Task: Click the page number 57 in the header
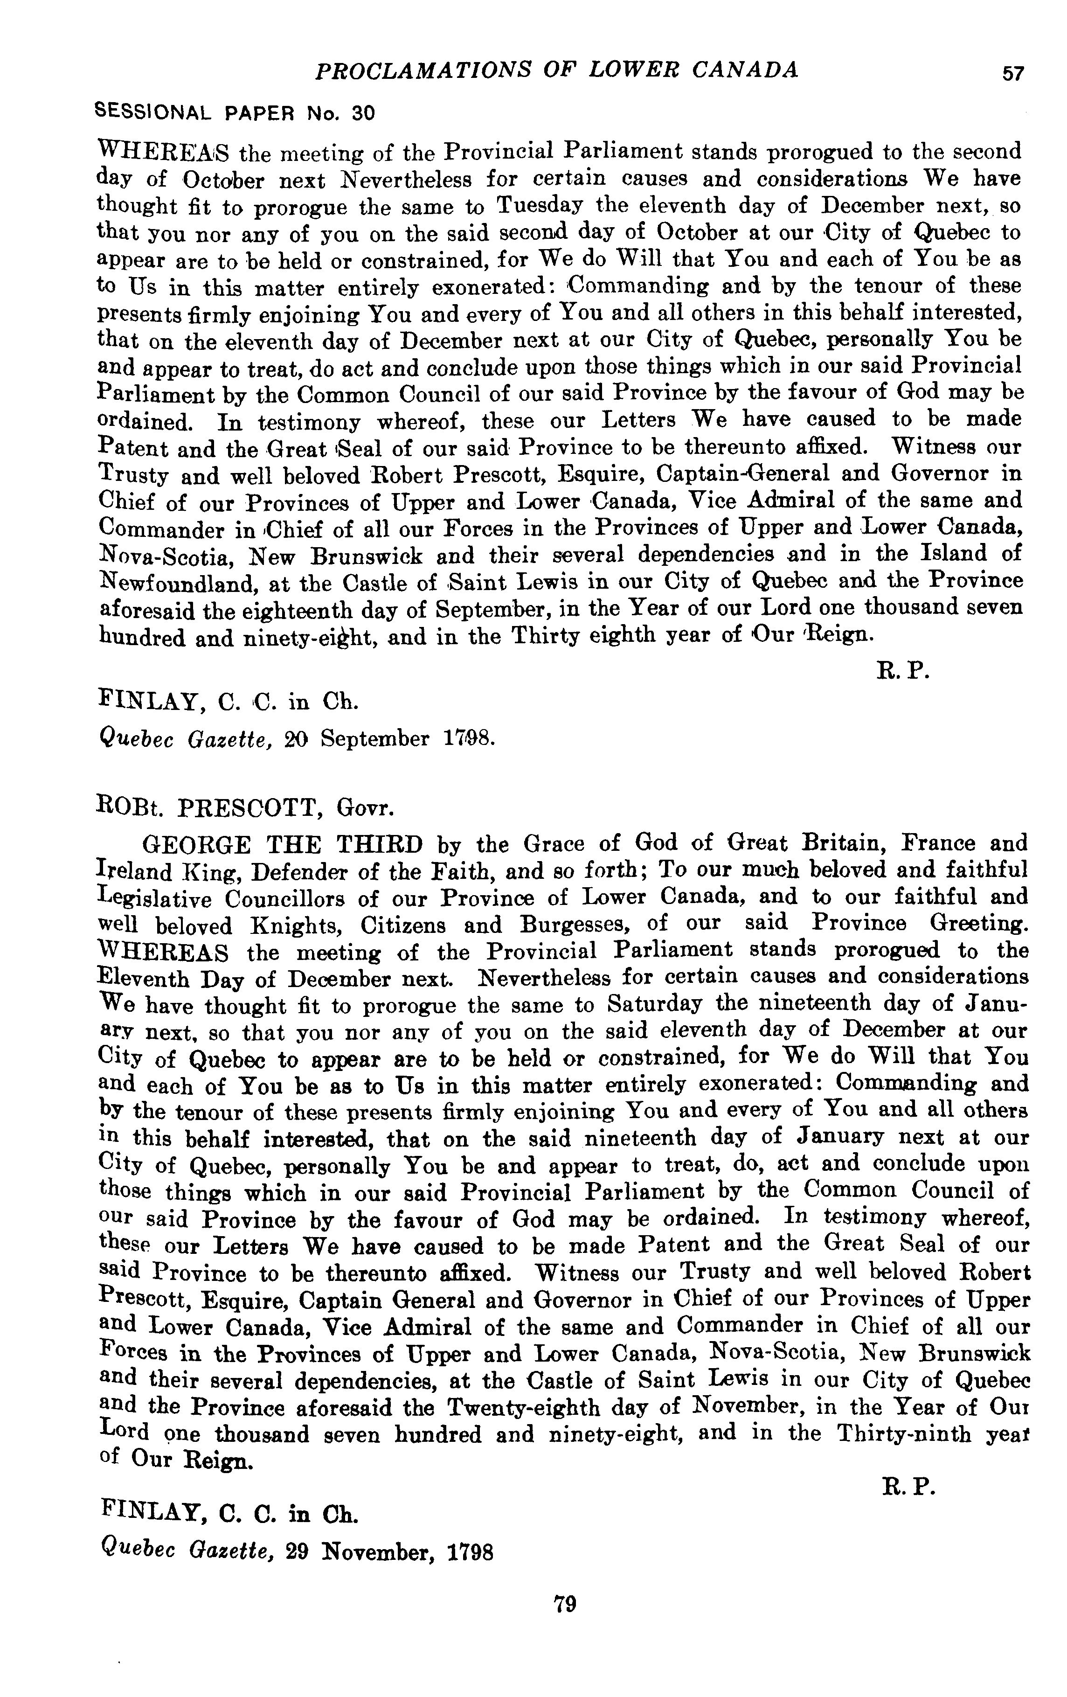pyautogui.click(x=1012, y=73)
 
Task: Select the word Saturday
pyautogui.click(x=655, y=1003)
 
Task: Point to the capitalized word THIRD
pyautogui.click(x=379, y=843)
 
